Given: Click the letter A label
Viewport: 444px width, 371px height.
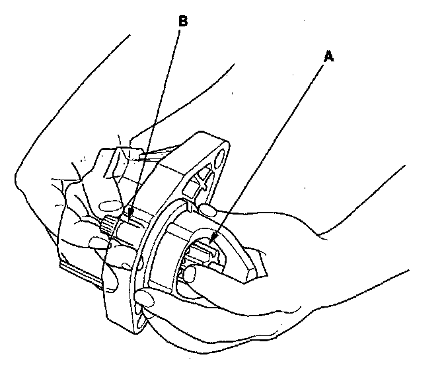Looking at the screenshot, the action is [328, 57].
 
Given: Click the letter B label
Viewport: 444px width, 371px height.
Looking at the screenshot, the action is [183, 21].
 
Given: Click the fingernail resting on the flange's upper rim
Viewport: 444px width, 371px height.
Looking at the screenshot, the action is [209, 211].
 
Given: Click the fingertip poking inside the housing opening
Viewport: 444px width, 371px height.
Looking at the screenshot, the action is [190, 271].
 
